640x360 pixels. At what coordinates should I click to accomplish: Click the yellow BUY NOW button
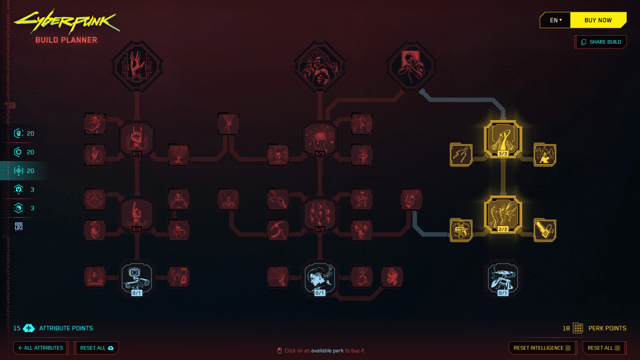click(x=598, y=20)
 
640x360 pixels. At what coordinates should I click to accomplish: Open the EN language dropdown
click(x=555, y=20)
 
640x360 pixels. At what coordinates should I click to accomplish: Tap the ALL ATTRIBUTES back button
click(x=41, y=348)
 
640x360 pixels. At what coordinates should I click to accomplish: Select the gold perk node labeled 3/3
click(x=503, y=139)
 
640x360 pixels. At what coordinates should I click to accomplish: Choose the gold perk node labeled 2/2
click(x=503, y=215)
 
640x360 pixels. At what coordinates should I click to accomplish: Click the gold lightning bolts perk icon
click(x=461, y=155)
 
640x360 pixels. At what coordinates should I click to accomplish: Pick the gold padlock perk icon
click(x=545, y=230)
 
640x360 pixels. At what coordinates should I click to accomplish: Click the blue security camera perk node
click(x=137, y=278)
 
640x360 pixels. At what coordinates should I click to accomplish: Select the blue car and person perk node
click(x=503, y=278)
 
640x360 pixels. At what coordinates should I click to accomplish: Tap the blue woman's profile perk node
click(x=319, y=278)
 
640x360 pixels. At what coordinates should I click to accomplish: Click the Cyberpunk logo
click(x=67, y=21)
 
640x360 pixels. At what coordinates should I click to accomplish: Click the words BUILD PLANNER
click(x=66, y=40)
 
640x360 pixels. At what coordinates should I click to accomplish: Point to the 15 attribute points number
click(x=17, y=328)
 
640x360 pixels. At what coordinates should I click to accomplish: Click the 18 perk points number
click(x=566, y=328)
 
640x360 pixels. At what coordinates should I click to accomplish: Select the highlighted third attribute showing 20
click(x=24, y=171)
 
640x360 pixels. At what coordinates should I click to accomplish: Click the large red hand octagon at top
click(x=137, y=66)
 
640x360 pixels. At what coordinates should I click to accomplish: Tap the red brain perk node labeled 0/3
click(x=319, y=139)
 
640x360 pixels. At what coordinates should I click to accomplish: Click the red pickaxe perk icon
click(x=278, y=230)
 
